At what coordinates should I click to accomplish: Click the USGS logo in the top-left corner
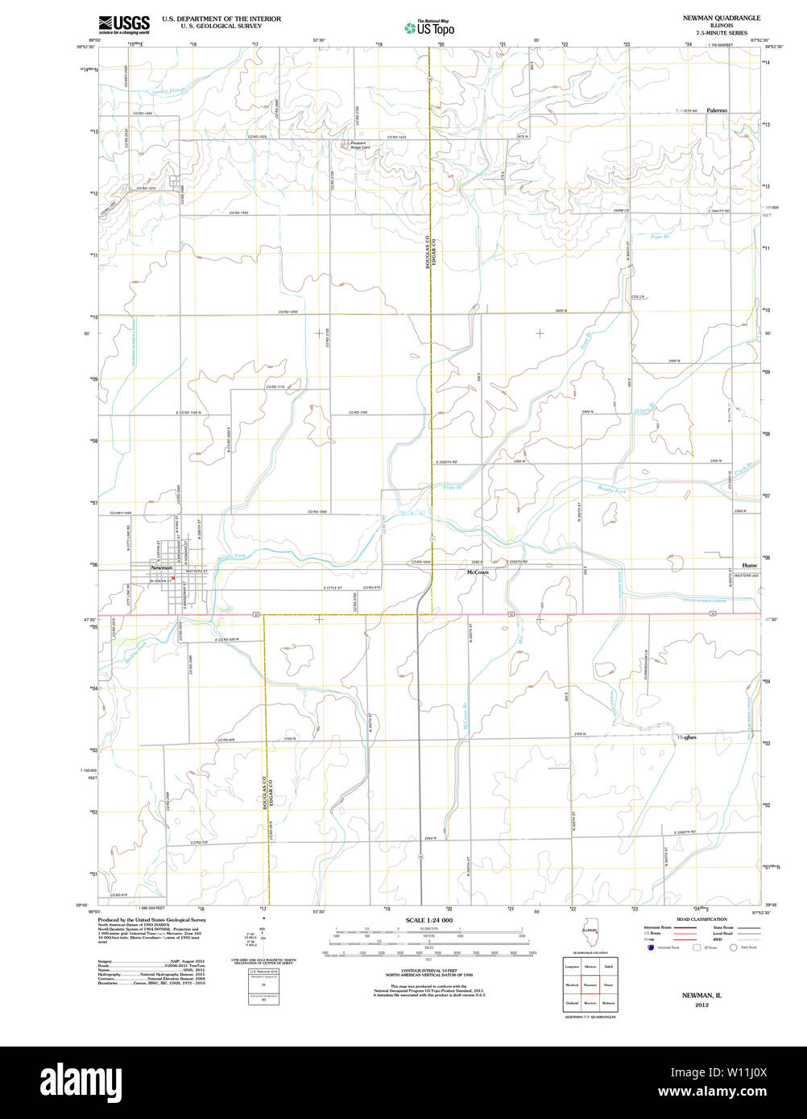click(x=123, y=24)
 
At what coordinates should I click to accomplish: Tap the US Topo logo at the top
click(x=430, y=28)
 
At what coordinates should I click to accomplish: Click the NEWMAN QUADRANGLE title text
click(x=721, y=17)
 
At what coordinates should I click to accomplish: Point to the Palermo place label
click(x=717, y=109)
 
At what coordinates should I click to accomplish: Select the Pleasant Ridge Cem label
click(x=360, y=145)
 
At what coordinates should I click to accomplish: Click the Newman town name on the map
click(x=162, y=568)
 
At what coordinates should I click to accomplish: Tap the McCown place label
click(x=478, y=572)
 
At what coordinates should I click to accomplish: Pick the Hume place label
click(x=749, y=565)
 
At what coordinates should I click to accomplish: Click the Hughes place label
click(x=686, y=737)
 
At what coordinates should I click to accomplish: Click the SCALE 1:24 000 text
click(x=429, y=920)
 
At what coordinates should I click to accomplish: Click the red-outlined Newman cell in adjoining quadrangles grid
click(x=590, y=984)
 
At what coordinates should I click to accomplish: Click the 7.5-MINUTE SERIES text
click(x=721, y=31)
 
